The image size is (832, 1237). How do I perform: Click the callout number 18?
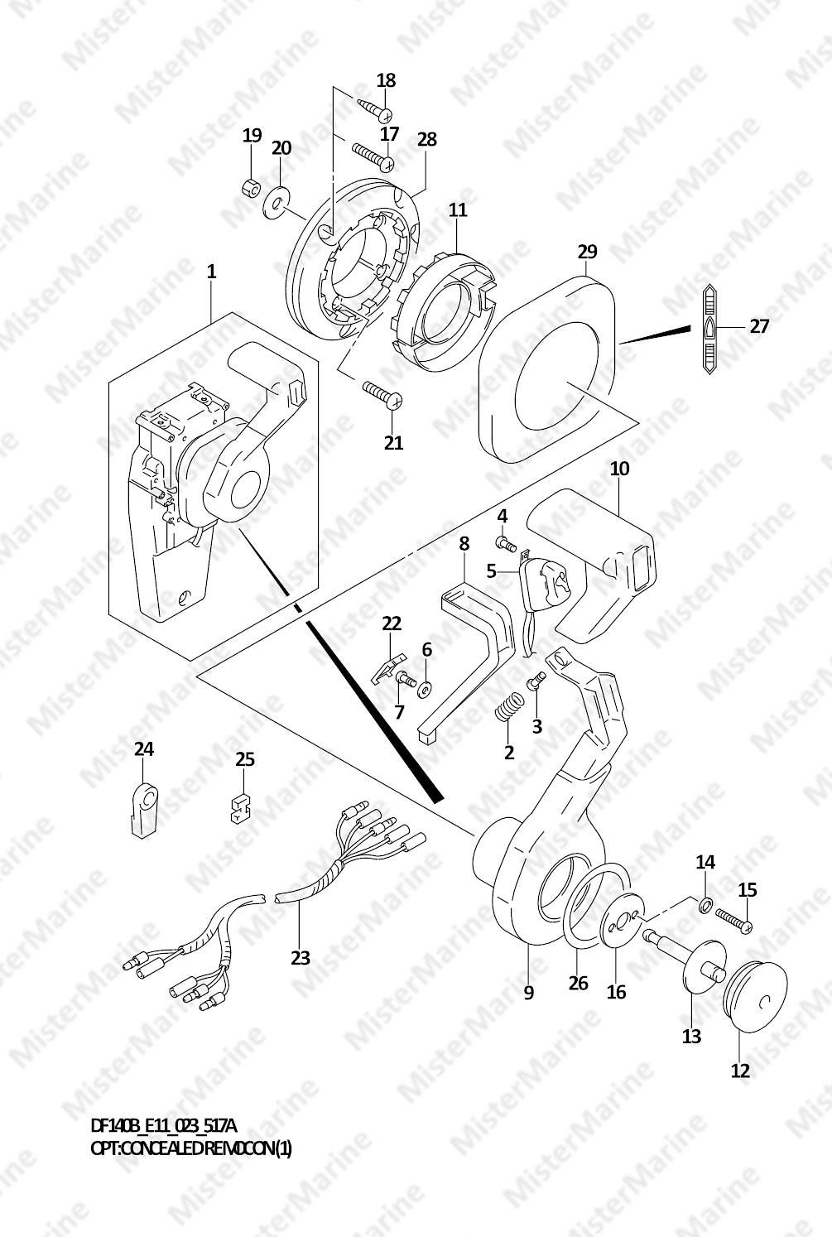pyautogui.click(x=386, y=80)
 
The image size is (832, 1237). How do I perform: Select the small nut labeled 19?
pyautogui.click(x=252, y=188)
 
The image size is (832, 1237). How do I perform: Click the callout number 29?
pyautogui.click(x=588, y=252)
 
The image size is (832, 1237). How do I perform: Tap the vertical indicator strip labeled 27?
pyautogui.click(x=710, y=329)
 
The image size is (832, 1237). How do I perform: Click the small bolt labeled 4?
pyautogui.click(x=507, y=544)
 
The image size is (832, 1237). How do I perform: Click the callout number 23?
pyautogui.click(x=301, y=957)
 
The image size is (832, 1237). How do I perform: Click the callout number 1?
pyautogui.click(x=211, y=272)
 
